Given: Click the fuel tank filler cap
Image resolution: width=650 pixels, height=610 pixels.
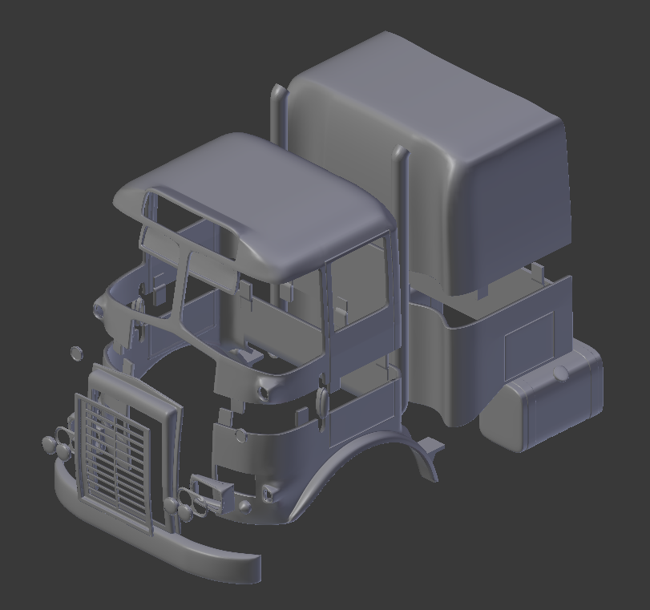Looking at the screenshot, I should (x=561, y=374).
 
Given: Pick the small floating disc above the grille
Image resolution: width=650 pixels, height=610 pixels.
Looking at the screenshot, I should (x=77, y=353).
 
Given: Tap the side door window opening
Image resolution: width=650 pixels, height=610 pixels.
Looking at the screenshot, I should (x=359, y=289).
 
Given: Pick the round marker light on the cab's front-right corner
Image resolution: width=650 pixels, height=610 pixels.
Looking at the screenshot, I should (x=264, y=391).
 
